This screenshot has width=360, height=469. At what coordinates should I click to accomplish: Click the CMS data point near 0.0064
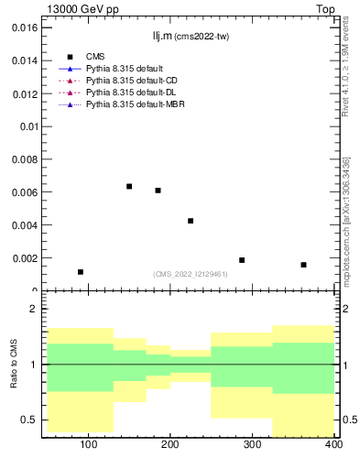[129, 186]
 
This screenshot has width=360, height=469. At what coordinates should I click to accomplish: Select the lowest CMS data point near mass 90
[81, 272]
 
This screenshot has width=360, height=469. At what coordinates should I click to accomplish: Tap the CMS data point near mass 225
[191, 221]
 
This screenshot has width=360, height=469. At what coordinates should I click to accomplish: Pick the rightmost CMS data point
[303, 265]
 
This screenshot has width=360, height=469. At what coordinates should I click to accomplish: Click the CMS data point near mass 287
[242, 260]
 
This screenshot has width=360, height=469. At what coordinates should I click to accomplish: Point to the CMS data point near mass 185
[158, 191]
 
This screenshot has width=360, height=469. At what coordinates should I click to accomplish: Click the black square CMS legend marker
[70, 57]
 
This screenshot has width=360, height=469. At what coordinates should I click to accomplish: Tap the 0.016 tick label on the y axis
[22, 27]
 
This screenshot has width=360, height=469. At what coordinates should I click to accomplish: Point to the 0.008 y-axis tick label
[22, 159]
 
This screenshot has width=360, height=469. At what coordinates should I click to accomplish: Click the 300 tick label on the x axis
[252, 444]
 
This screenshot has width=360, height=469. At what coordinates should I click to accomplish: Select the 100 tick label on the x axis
[89, 444]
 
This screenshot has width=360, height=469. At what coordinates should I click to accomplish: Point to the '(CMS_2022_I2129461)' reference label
[190, 274]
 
